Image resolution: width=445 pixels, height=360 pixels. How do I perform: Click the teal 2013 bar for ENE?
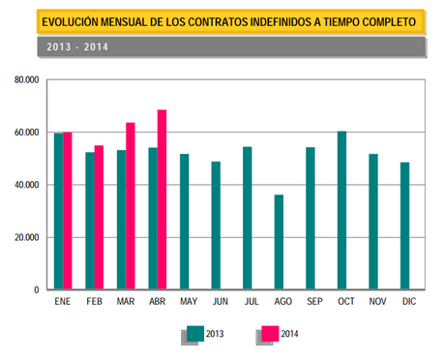tap(59, 211)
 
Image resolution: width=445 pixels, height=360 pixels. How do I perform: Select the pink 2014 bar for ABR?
tap(163, 199)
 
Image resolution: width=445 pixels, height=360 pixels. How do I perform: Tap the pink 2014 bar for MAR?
tap(131, 206)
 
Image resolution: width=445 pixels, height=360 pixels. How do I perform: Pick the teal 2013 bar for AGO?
tap(279, 242)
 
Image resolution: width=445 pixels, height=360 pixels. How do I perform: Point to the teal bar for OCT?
tap(341, 210)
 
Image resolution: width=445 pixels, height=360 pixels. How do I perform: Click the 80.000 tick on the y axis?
tap(25, 80)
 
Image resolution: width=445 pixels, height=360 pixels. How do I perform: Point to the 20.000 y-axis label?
tap(25, 237)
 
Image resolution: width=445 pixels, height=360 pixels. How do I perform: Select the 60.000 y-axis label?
tap(25, 133)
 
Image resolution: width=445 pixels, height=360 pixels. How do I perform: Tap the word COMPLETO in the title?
tap(379, 20)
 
